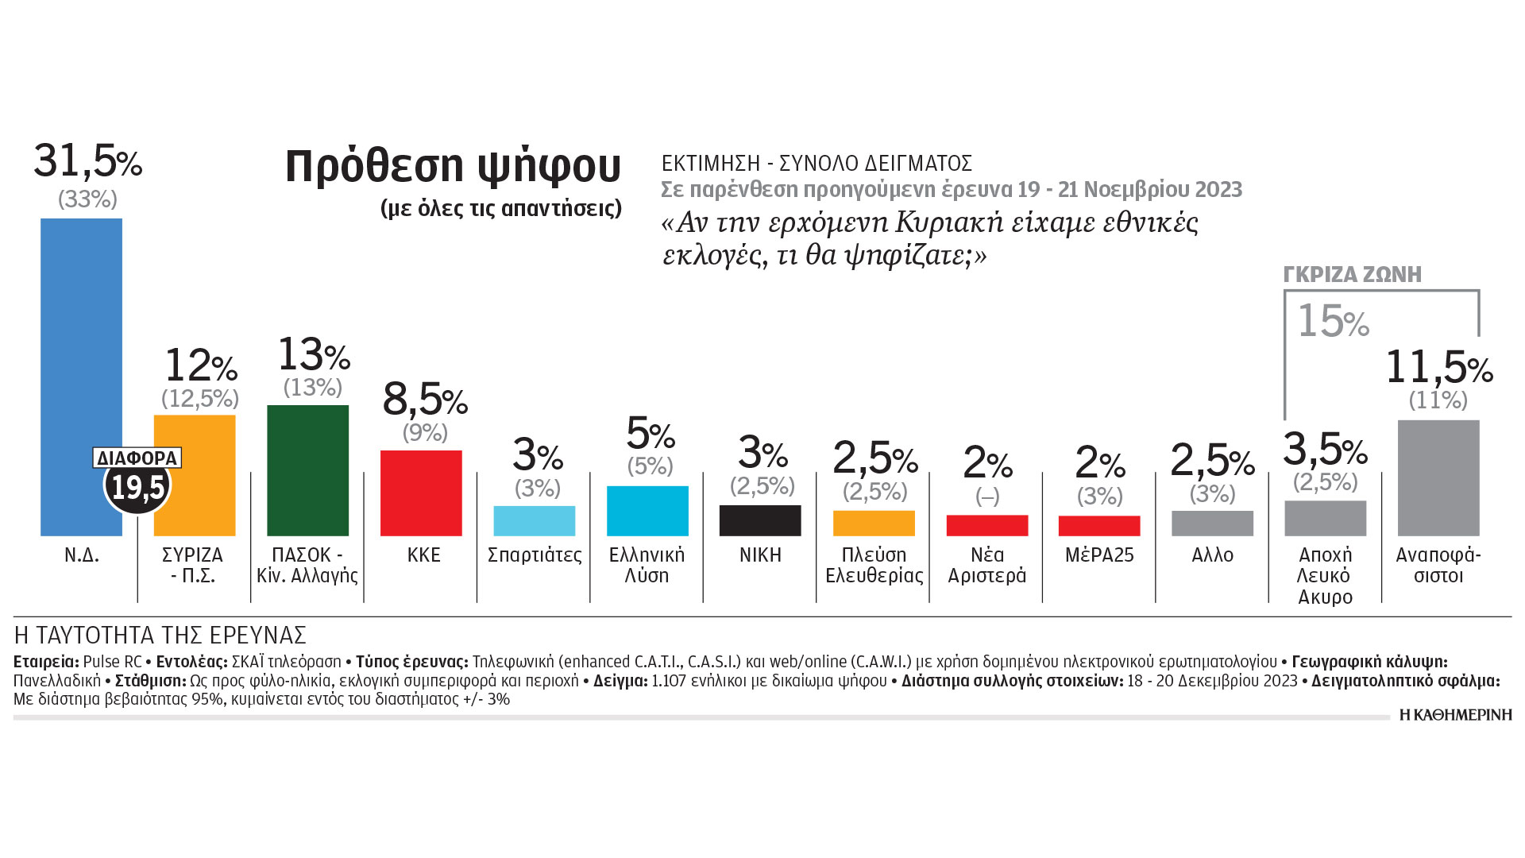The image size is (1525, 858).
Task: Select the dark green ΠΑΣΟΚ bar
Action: tap(307, 470)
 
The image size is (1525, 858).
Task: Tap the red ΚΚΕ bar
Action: tap(421, 493)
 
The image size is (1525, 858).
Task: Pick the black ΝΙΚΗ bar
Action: tap(760, 520)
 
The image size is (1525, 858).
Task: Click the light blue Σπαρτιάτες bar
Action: tap(534, 520)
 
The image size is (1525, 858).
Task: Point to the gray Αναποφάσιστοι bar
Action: tap(1438, 477)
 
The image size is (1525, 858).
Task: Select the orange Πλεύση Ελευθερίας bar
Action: tap(874, 523)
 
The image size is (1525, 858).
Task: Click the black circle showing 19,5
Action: tap(137, 487)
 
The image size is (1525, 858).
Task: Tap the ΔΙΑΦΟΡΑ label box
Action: tap(137, 458)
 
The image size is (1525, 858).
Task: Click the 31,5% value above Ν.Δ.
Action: tap(87, 161)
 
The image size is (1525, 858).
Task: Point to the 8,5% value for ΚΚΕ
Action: tap(425, 400)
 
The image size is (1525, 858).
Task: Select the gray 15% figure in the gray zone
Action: tap(1333, 322)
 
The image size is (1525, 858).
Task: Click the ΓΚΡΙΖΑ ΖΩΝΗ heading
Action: tap(1352, 275)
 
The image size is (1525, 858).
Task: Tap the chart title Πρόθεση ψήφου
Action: tap(453, 166)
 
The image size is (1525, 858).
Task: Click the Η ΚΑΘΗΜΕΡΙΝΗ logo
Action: tap(1455, 715)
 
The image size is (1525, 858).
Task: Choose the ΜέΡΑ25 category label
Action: tap(1099, 555)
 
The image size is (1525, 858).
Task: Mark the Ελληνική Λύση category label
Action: tap(647, 565)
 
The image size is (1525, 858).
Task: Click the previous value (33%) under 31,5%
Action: tap(87, 199)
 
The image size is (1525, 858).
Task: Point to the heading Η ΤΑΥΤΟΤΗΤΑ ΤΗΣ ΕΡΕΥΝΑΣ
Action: tap(160, 636)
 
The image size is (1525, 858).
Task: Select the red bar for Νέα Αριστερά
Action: tap(986, 525)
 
